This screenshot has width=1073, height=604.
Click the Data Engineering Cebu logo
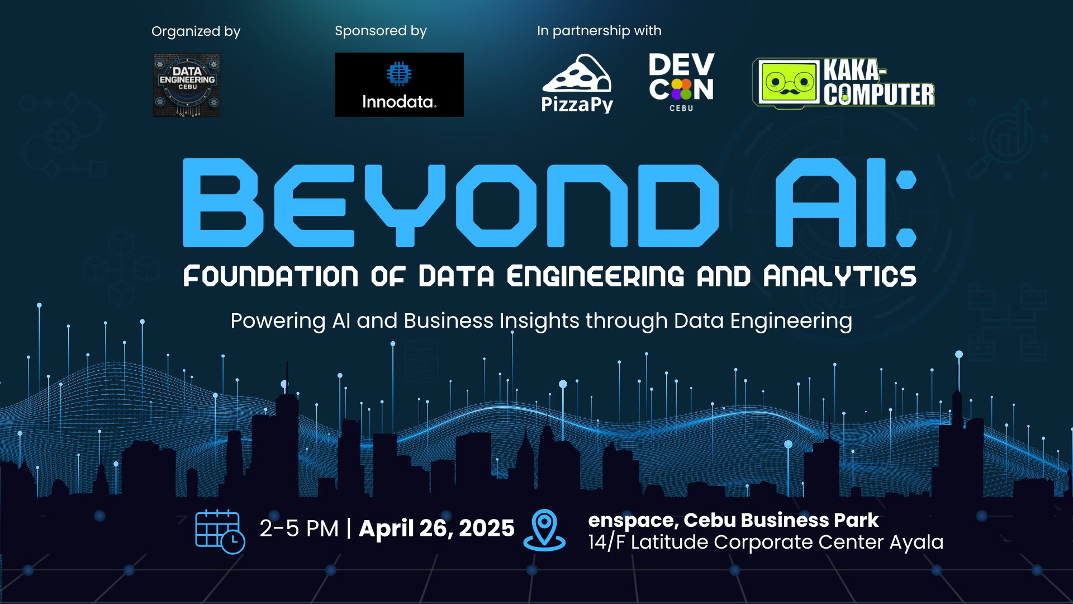click(187, 85)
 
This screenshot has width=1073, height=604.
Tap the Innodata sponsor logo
click(399, 84)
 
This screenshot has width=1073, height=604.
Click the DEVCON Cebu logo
click(681, 82)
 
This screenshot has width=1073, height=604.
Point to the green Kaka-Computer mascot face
click(788, 83)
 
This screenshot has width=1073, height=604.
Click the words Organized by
click(196, 31)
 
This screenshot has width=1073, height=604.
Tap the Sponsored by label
click(381, 31)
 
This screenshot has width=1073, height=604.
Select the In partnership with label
click(599, 31)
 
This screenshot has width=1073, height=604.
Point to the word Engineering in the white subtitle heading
click(595, 276)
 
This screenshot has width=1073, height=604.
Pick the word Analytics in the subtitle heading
click(840, 276)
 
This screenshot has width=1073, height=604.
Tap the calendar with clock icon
click(219, 531)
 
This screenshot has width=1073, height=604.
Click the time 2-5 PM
click(299, 528)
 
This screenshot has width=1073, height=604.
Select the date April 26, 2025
click(436, 528)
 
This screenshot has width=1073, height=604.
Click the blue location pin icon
click(544, 528)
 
